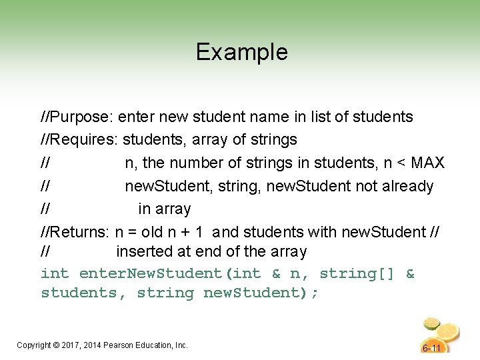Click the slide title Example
[x=241, y=52]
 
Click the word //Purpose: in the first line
[x=77, y=117]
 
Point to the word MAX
[x=428, y=163]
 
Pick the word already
[x=408, y=186]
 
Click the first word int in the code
[x=55, y=273]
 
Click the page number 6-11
[x=432, y=348]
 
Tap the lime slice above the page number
[x=432, y=325]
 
